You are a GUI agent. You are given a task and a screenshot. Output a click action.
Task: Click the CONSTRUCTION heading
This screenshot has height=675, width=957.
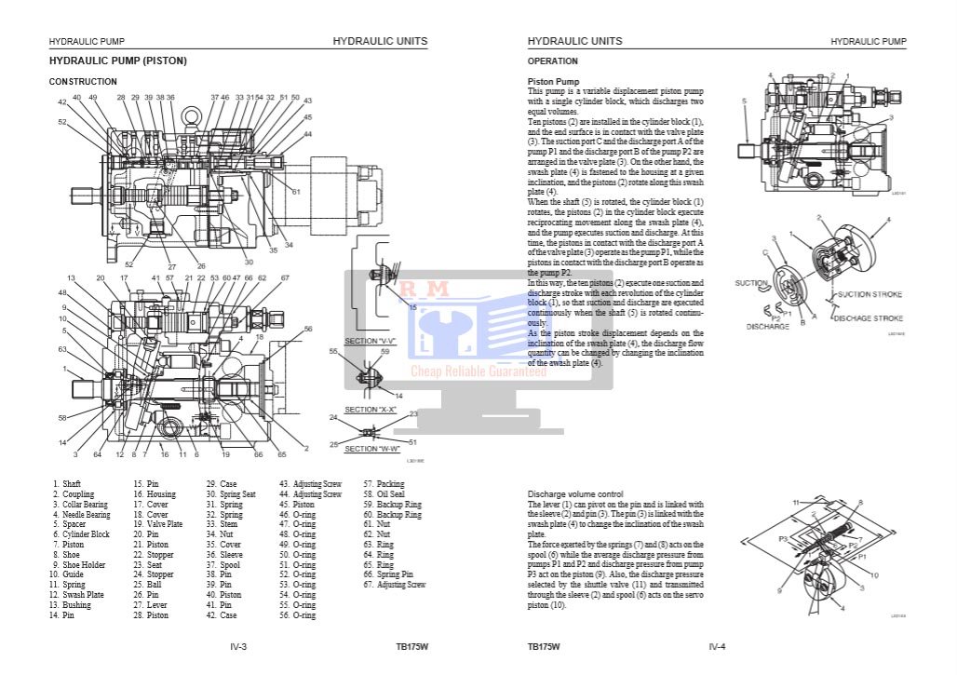(83, 82)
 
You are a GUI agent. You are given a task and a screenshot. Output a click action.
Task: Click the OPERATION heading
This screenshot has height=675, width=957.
(552, 61)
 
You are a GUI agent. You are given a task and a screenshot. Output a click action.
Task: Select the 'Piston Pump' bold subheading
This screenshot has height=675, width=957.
(553, 82)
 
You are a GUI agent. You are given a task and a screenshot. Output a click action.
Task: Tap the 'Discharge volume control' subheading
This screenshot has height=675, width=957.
(575, 493)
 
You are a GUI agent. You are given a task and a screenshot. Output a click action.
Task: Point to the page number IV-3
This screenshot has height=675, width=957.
(238, 646)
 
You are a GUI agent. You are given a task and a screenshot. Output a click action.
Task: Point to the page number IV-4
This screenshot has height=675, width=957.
(717, 646)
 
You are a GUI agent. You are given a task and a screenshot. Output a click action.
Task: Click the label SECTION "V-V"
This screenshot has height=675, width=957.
(371, 341)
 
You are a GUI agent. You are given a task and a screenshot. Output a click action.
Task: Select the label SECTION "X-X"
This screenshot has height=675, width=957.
(371, 410)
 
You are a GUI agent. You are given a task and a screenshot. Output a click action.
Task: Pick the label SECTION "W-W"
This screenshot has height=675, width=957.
(371, 449)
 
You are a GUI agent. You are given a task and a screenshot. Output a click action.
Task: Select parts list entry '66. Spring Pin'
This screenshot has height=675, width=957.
(388, 574)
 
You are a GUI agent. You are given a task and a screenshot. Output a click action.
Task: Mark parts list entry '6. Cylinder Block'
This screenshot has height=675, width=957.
(80, 534)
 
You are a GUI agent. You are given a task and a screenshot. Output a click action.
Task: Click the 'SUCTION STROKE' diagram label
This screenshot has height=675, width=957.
(869, 294)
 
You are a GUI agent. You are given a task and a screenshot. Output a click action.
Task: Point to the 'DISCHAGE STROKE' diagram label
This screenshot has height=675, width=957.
(868, 318)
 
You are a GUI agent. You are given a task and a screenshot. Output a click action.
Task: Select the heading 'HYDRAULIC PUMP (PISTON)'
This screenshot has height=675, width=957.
(117, 61)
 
